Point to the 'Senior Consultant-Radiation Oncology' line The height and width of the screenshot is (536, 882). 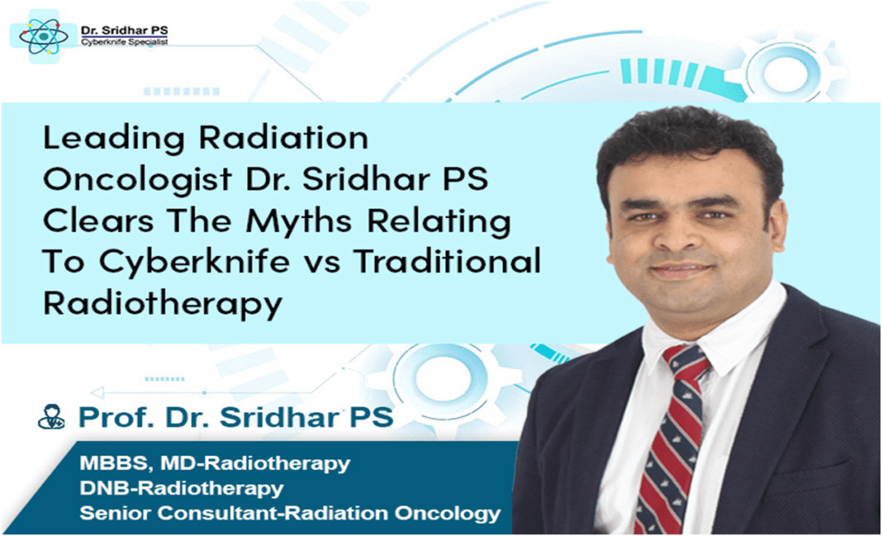288,514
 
